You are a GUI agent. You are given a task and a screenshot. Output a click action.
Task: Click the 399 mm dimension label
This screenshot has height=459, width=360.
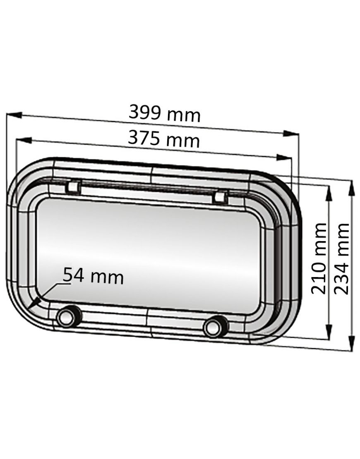click(164, 113)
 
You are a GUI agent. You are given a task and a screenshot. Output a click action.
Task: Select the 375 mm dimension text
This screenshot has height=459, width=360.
click(163, 139)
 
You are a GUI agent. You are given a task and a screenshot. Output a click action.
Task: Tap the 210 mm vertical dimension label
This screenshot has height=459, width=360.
click(319, 258)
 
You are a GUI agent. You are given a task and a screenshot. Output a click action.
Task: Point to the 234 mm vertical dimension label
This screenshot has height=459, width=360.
click(342, 258)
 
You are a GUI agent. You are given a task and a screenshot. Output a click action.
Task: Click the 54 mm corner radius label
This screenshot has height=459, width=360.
click(94, 276)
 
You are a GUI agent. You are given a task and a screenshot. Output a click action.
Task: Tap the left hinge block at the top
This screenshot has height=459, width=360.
click(72, 187)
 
